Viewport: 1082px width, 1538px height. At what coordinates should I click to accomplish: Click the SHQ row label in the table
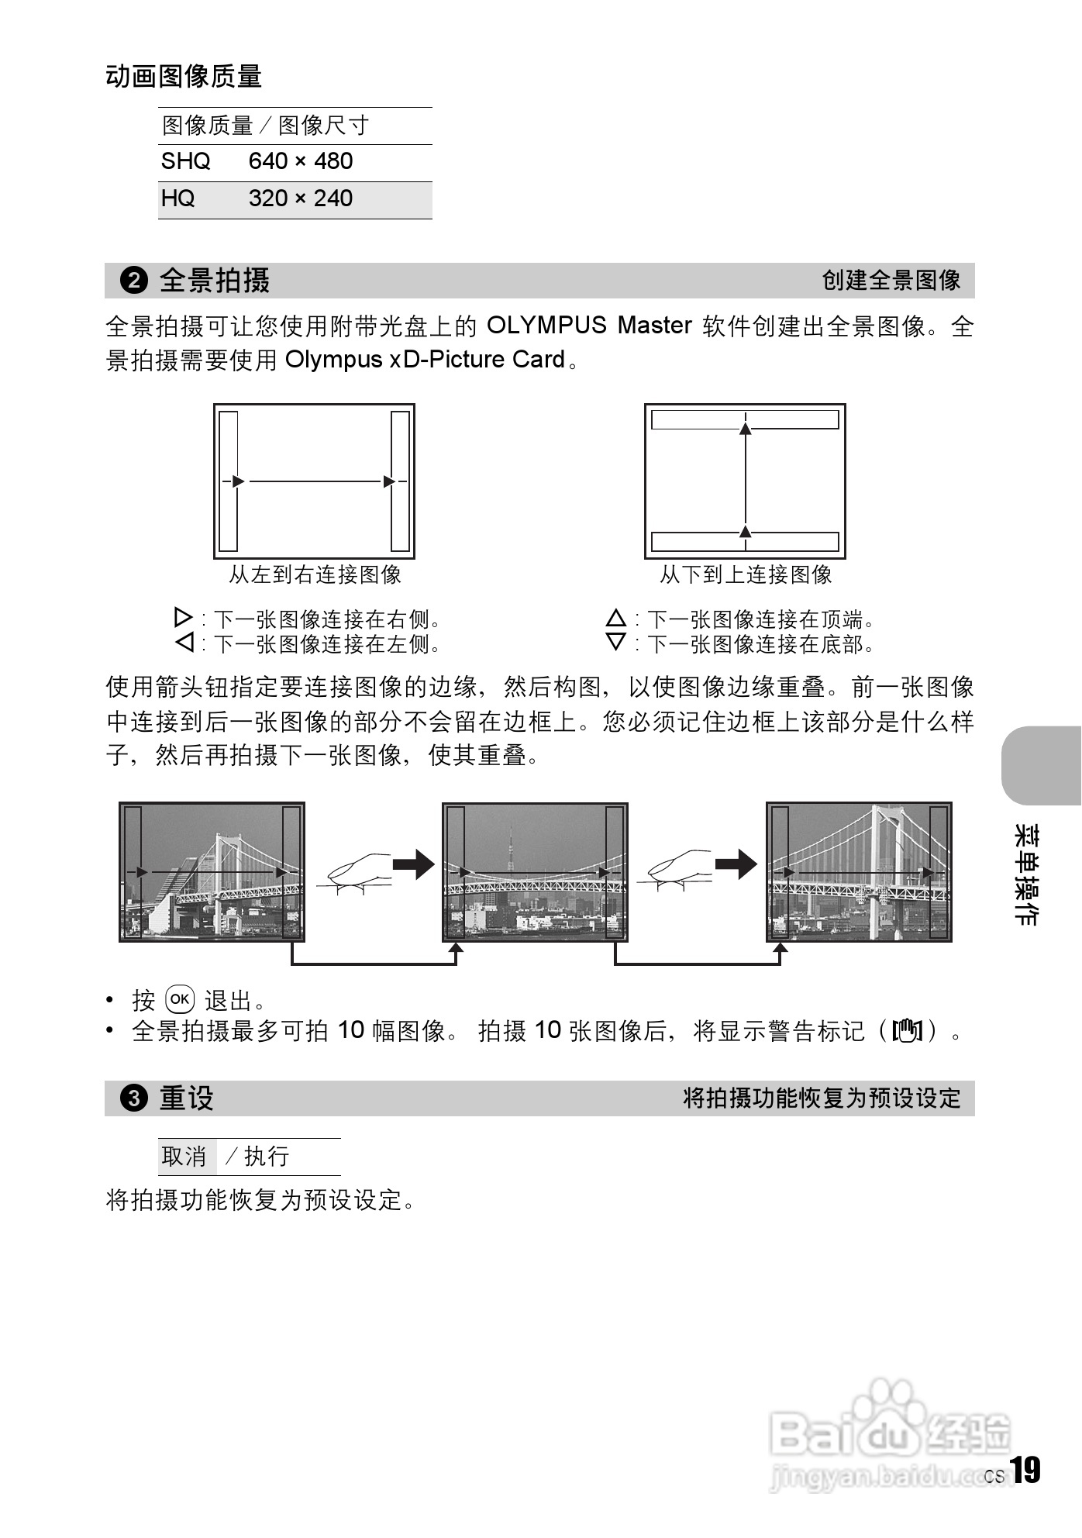(x=185, y=161)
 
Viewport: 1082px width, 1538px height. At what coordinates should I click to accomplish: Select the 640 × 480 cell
(x=300, y=161)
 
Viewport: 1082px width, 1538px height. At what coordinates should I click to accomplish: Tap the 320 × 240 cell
(x=300, y=198)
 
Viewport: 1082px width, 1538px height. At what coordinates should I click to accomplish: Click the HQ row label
(x=177, y=198)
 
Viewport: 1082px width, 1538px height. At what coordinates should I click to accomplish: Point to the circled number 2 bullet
(x=133, y=281)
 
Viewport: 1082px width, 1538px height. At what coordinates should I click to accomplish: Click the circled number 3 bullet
(x=133, y=1098)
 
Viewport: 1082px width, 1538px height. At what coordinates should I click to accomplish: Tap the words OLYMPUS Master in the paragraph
(x=588, y=326)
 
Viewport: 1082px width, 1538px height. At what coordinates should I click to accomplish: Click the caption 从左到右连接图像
(x=315, y=574)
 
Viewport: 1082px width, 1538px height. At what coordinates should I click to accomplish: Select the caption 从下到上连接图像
(x=746, y=574)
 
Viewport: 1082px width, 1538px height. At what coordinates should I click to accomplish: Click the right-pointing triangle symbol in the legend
(x=183, y=618)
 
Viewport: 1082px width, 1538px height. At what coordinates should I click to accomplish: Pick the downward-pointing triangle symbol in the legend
(x=615, y=643)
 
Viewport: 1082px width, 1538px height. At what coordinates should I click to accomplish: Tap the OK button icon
(x=180, y=999)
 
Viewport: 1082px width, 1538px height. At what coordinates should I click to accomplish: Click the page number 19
(x=1025, y=1471)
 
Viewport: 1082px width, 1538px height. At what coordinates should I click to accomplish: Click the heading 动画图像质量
(x=184, y=76)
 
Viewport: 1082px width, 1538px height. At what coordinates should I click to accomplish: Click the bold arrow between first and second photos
(x=414, y=864)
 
